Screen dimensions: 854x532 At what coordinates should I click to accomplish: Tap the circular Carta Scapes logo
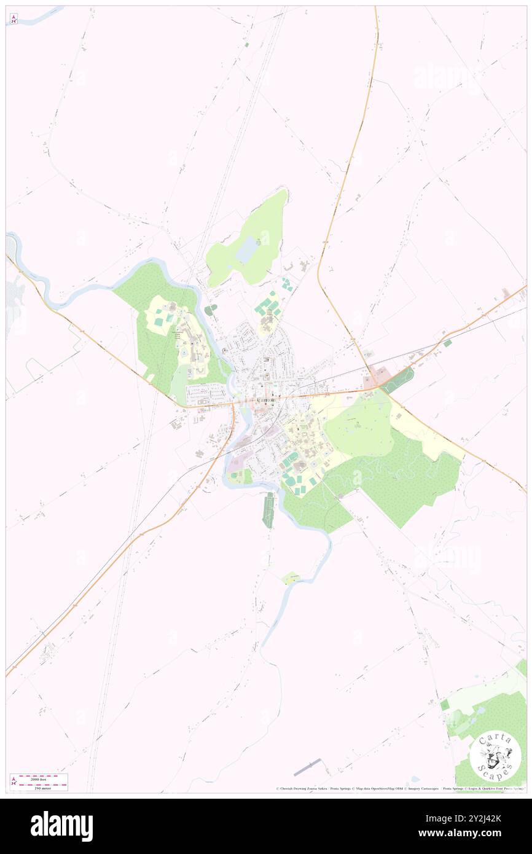(x=495, y=755)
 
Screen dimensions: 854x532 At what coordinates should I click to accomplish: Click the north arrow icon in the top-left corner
(x=14, y=19)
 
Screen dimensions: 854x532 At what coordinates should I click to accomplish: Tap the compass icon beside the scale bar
(x=14, y=782)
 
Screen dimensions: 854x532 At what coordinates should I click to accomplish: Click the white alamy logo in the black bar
(x=61, y=826)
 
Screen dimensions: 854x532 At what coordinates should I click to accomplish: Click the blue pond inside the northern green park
(x=245, y=250)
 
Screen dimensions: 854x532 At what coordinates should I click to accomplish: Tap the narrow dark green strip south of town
(x=268, y=509)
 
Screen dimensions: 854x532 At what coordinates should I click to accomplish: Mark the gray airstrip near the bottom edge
(x=307, y=767)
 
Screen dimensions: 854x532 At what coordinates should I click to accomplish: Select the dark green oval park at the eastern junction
(x=398, y=380)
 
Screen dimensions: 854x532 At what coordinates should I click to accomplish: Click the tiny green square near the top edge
(x=246, y=44)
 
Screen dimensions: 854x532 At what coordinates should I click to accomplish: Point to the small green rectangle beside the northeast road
(x=448, y=343)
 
